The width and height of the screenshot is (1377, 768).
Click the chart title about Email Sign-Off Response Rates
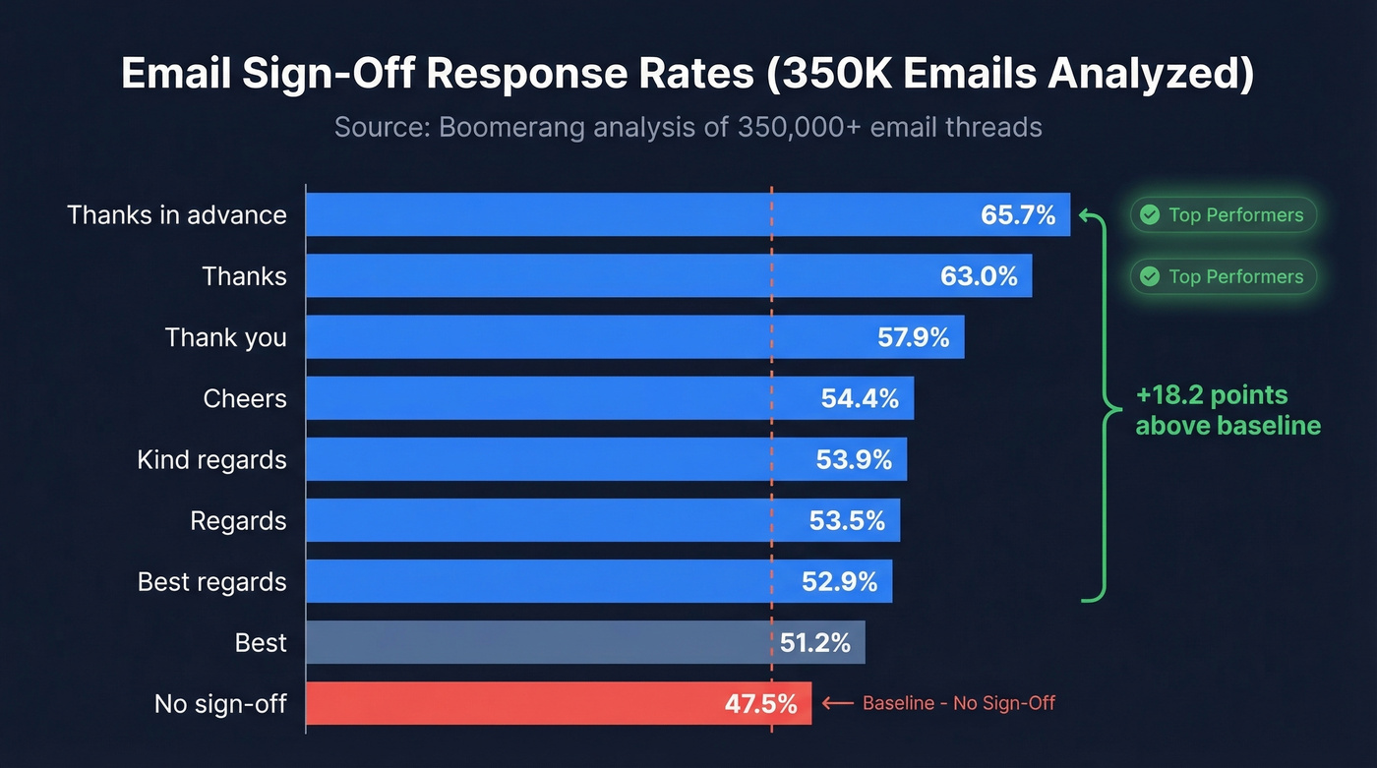tap(688, 76)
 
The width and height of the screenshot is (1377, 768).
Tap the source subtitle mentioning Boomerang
tap(688, 128)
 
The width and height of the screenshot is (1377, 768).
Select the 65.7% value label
tap(1018, 215)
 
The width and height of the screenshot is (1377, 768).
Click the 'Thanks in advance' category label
tap(177, 215)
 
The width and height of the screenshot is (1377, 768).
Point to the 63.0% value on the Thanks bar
tap(979, 276)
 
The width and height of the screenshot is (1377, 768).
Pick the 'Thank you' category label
tap(226, 337)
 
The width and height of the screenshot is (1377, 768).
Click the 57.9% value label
tap(913, 337)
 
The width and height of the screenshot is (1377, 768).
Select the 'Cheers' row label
tap(245, 398)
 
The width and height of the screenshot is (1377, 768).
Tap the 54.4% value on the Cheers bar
tap(860, 398)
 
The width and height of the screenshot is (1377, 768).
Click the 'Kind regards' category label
tap(212, 459)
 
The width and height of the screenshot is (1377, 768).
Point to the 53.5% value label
tap(847, 520)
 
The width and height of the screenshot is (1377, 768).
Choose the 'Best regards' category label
tap(212, 581)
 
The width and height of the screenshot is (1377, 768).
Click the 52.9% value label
tap(839, 581)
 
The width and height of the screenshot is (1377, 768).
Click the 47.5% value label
tap(759, 703)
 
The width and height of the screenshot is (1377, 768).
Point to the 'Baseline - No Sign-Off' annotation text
tap(958, 703)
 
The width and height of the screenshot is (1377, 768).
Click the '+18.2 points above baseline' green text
tap(1227, 410)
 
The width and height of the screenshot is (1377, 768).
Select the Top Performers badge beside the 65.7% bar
tap(1223, 215)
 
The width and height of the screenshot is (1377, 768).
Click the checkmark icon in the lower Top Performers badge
tap(1149, 276)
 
